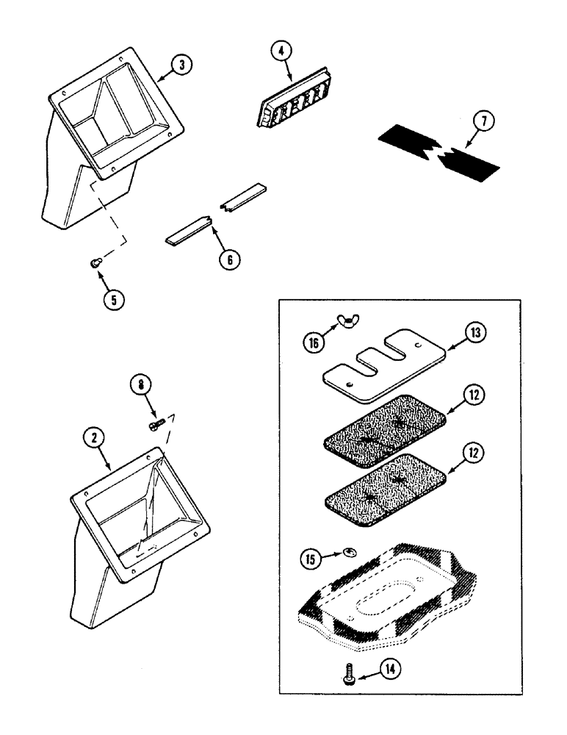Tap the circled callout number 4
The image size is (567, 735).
click(280, 51)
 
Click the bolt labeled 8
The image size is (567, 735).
click(155, 425)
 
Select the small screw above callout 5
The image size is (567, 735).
click(95, 262)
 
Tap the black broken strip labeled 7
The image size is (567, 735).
click(439, 154)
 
